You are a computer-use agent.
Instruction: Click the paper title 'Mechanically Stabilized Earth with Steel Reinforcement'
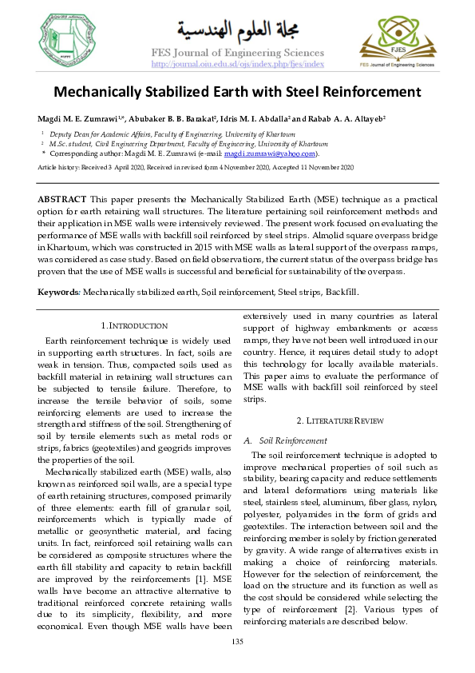click(x=237, y=91)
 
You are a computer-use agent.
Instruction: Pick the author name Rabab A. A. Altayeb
click(x=346, y=119)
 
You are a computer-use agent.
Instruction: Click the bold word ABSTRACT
click(x=63, y=197)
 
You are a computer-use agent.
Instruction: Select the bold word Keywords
click(x=58, y=293)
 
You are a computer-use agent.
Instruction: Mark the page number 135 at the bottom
click(x=237, y=643)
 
